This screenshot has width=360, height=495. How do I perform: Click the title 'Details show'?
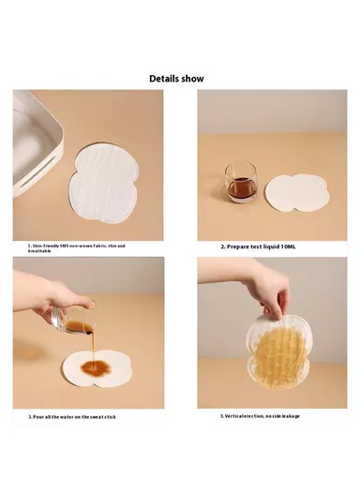click(x=176, y=79)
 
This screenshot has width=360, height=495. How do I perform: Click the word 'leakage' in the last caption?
click(x=289, y=415)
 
